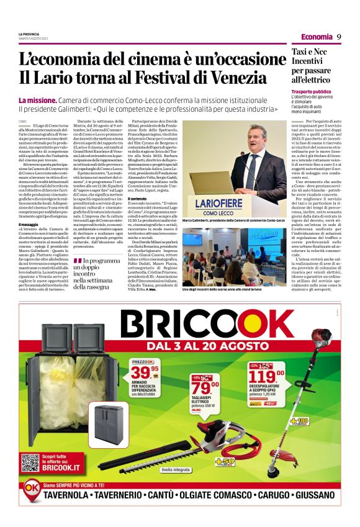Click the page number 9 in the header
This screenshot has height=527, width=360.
pyautogui.click(x=340, y=37)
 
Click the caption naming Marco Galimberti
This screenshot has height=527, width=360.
pyautogui.click(x=232, y=221)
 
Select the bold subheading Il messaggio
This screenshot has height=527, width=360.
pyautogui.click(x=29, y=224)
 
